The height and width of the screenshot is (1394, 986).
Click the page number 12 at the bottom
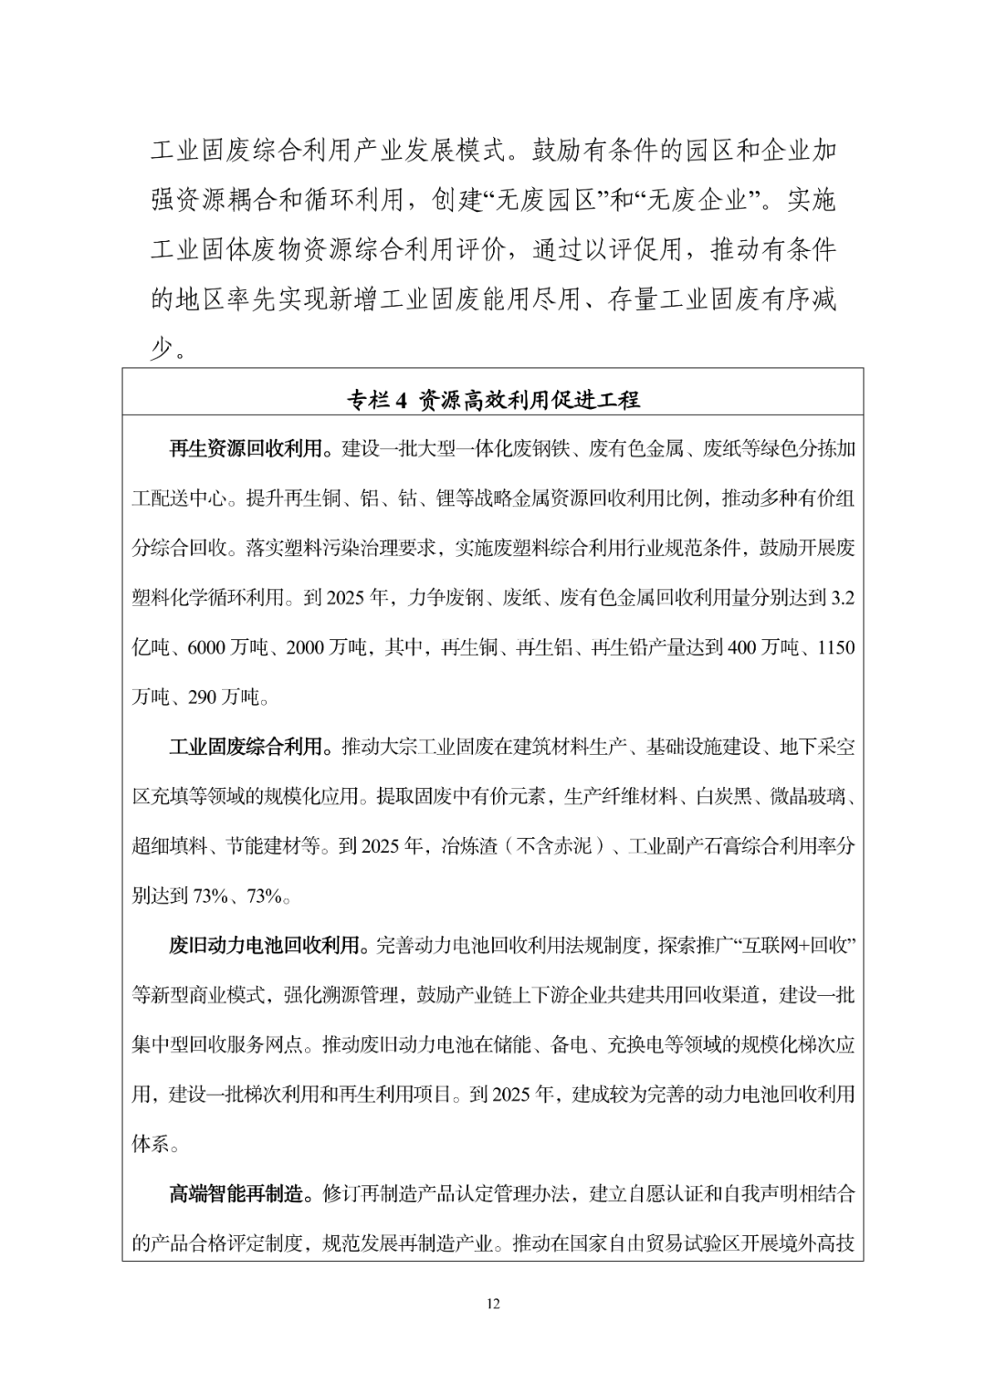pyautogui.click(x=493, y=1304)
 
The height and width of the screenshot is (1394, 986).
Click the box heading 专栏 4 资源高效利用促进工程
pyautogui.click(x=493, y=399)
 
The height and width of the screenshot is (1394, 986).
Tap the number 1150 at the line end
pyautogui.click(x=835, y=648)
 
